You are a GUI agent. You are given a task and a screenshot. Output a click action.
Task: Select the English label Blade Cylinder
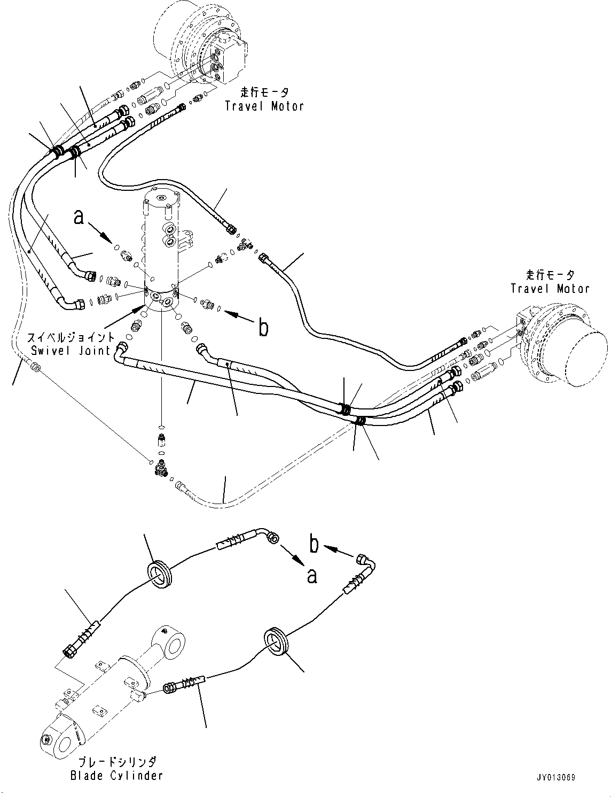click(x=116, y=775)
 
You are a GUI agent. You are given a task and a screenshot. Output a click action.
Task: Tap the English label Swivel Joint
click(x=70, y=351)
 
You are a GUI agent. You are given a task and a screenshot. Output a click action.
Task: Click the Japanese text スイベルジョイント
click(x=70, y=337)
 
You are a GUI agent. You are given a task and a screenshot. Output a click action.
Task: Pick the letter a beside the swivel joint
click(x=79, y=217)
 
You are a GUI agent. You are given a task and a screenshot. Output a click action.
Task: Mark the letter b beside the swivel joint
click(x=263, y=327)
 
